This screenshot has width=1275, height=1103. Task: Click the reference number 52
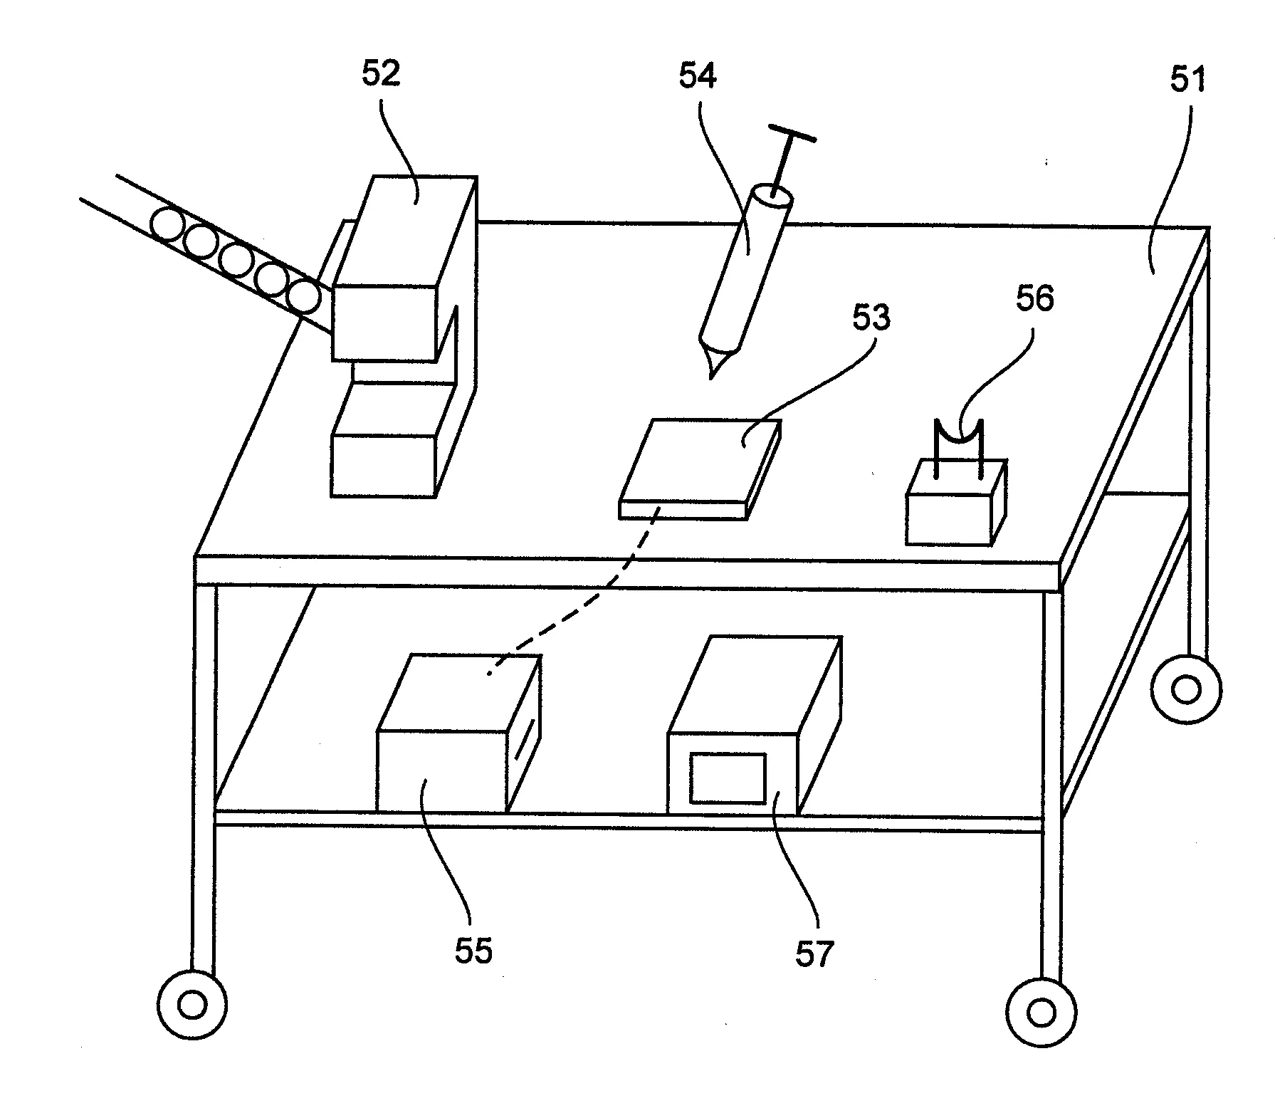(x=382, y=74)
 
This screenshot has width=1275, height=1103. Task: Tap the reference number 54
(x=698, y=75)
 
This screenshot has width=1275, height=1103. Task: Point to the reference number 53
(x=871, y=318)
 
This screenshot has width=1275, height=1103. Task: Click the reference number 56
(x=1034, y=299)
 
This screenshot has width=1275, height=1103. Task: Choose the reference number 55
(x=474, y=951)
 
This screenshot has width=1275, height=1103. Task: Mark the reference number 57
(x=814, y=953)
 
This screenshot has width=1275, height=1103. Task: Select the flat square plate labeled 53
(x=701, y=469)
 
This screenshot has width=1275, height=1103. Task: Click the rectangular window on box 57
(x=728, y=778)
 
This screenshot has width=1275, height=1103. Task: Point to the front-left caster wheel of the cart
(x=191, y=1005)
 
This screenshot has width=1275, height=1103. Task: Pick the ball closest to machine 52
(x=306, y=296)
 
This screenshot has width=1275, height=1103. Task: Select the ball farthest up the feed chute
(x=168, y=224)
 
